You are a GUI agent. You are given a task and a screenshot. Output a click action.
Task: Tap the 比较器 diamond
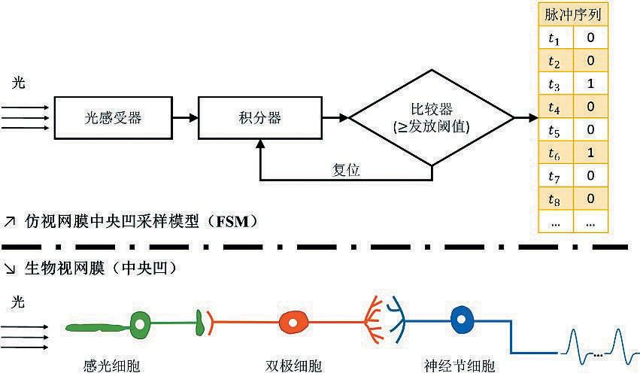pyautogui.click(x=432, y=117)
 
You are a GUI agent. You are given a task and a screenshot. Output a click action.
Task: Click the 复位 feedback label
pyautogui.click(x=346, y=171)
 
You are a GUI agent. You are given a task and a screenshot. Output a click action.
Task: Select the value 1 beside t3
pyautogui.click(x=591, y=84)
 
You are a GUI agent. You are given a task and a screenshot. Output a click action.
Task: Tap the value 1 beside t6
pyautogui.click(x=591, y=153)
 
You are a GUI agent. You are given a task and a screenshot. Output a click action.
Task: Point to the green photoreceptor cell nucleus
pyautogui.click(x=141, y=325)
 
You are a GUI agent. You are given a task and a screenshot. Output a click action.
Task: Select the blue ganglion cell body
pyautogui.click(x=461, y=321)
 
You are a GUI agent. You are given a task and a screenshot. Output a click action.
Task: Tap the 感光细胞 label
pyautogui.click(x=111, y=365)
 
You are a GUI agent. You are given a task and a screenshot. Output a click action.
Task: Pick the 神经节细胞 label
pyautogui.click(x=460, y=365)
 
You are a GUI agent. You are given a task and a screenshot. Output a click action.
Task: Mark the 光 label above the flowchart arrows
pyautogui.click(x=19, y=83)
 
